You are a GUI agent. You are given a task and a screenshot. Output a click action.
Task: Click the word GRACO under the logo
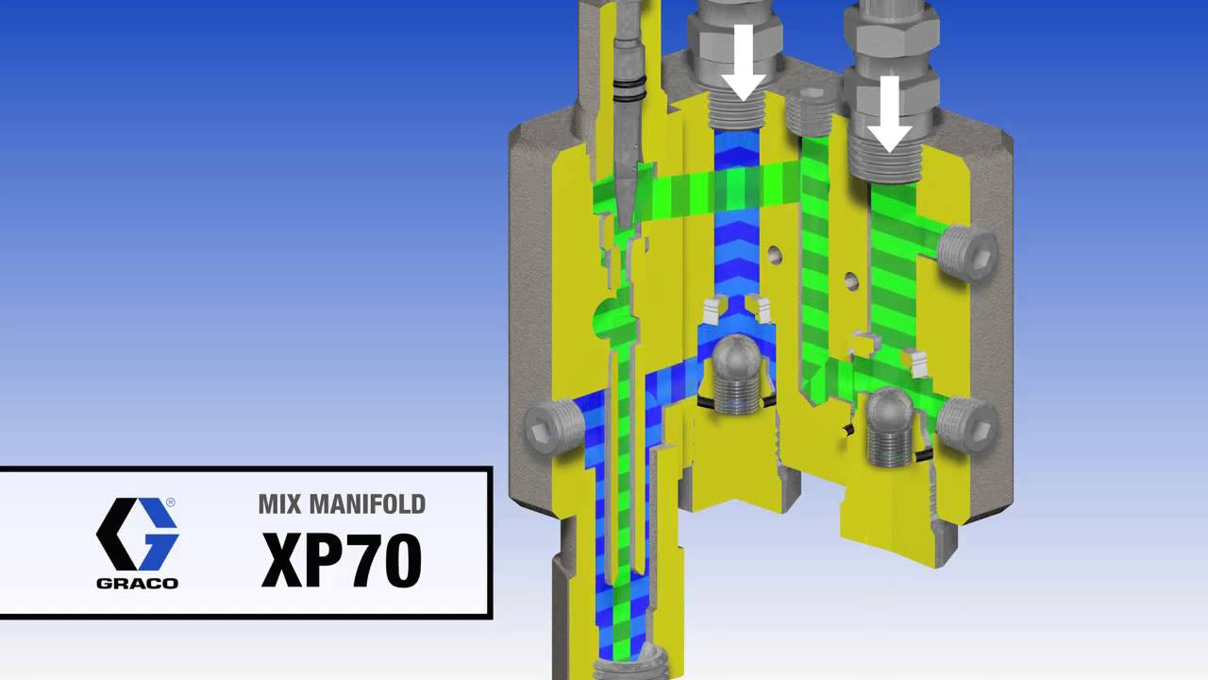(138, 583)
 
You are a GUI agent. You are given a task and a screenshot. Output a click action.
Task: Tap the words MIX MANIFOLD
(342, 504)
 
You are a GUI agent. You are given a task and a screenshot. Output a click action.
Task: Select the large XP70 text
(342, 561)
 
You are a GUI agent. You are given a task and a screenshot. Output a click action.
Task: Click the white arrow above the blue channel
(744, 60)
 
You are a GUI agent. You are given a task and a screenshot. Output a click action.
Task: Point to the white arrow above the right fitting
(888, 113)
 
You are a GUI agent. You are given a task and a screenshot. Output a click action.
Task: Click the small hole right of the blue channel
(776, 253)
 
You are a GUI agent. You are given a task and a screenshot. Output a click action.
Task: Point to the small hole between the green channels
(852, 280)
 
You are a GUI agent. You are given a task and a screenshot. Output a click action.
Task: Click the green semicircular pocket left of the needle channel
(602, 320)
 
